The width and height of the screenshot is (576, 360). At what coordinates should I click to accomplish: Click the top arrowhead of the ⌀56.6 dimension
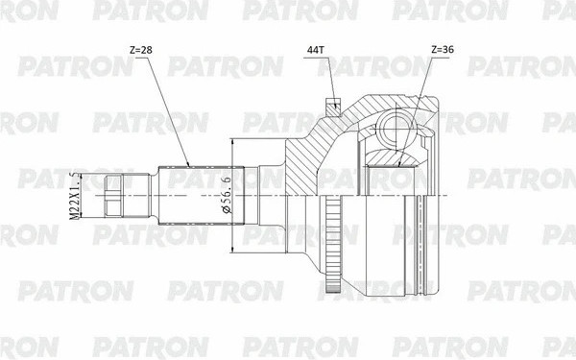(233, 142)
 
